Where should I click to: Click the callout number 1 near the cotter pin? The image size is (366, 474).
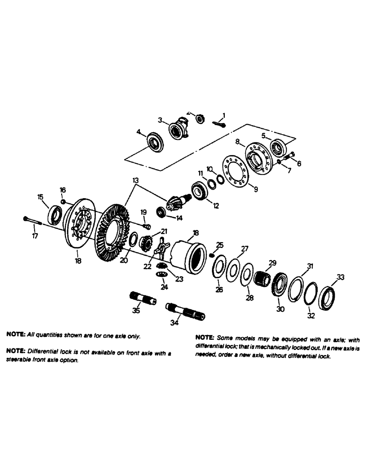coord(224,115)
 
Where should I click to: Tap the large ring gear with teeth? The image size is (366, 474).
coord(112,233)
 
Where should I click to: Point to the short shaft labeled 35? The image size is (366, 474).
coord(142,300)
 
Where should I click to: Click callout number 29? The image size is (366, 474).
coord(273,263)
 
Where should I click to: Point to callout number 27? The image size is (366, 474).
coord(245,248)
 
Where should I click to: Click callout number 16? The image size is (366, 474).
coord(63,190)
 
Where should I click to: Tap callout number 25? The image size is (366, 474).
coord(219,245)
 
